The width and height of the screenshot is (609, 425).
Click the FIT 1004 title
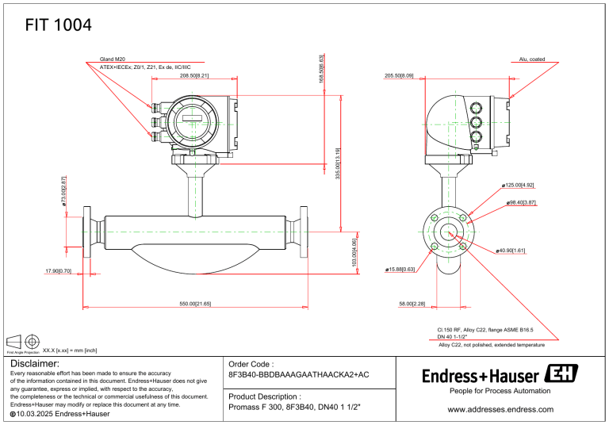tap(58, 25)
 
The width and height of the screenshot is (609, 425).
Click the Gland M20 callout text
tap(113, 59)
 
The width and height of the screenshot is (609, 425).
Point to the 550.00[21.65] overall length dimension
tap(194, 304)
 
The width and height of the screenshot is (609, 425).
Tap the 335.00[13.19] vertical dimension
tap(339, 163)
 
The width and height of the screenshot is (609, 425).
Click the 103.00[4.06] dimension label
tap(354, 255)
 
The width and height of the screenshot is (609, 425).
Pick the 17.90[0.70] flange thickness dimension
tap(59, 271)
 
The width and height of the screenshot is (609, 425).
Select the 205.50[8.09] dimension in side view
tap(399, 76)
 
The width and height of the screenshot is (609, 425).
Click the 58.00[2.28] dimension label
tap(412, 304)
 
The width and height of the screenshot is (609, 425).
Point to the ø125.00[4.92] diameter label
tap(519, 185)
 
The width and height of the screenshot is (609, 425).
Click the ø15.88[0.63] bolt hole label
tap(400, 270)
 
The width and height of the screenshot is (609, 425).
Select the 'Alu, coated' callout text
tap(531, 59)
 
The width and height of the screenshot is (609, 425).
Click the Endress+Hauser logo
tap(500, 374)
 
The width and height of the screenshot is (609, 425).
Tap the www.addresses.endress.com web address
tap(500, 409)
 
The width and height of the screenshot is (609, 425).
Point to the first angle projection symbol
tap(24, 342)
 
